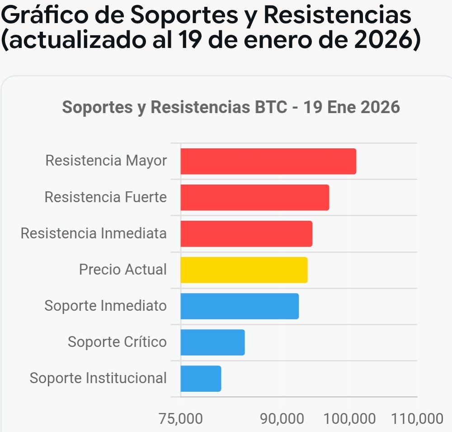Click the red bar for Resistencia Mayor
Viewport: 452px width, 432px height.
[268, 161]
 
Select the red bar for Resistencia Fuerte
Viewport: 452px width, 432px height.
[254, 197]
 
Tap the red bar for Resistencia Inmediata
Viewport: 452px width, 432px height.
[246, 233]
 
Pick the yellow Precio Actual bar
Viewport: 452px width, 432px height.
[244, 270]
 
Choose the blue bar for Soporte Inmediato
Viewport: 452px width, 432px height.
[240, 306]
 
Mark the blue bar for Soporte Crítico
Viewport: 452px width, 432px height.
[212, 342]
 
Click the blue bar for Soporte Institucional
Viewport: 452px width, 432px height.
[201, 378]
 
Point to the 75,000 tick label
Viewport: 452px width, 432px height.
[181, 418]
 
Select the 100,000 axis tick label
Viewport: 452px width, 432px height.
[349, 418]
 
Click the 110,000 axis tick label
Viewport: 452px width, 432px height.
[417, 418]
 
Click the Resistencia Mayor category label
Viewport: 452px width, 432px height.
[106, 161]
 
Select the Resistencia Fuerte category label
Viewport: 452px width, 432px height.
[105, 197]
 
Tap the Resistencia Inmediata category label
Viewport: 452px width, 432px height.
[94, 233]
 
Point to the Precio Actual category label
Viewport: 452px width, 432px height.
[122, 270]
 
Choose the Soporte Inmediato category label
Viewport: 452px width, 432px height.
[105, 306]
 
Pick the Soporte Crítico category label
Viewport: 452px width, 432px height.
[117, 342]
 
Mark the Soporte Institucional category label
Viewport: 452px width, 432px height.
[98, 378]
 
